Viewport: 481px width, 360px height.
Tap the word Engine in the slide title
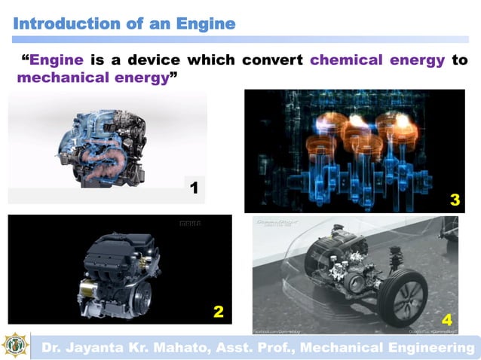coord(205,23)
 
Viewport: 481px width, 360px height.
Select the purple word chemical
coord(345,60)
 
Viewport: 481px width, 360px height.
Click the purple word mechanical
coord(60,78)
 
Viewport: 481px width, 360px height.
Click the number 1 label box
coord(194,188)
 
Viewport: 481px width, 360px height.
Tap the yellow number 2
coord(217,310)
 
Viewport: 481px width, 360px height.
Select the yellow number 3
coord(454,200)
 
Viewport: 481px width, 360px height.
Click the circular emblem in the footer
coord(15,346)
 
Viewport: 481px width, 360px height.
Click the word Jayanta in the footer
coord(94,347)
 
